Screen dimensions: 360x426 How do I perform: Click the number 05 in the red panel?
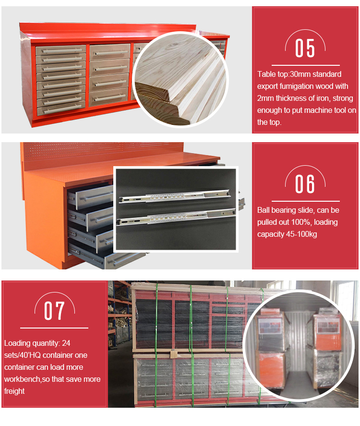(x=305, y=48)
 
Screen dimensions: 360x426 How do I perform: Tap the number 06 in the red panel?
(x=305, y=184)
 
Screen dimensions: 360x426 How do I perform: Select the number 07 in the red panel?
(x=54, y=311)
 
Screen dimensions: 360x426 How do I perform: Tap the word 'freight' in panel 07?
(x=14, y=391)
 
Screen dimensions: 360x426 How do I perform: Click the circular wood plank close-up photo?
(x=180, y=79)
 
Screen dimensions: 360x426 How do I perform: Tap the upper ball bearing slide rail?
(x=175, y=196)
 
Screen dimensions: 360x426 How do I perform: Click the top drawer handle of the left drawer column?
(x=62, y=50)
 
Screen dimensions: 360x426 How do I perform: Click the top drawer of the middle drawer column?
(x=110, y=52)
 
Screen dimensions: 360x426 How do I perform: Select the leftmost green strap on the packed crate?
(x=156, y=345)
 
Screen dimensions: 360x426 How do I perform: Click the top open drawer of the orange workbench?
(x=91, y=195)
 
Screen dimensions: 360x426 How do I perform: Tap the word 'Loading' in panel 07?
(x=17, y=343)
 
